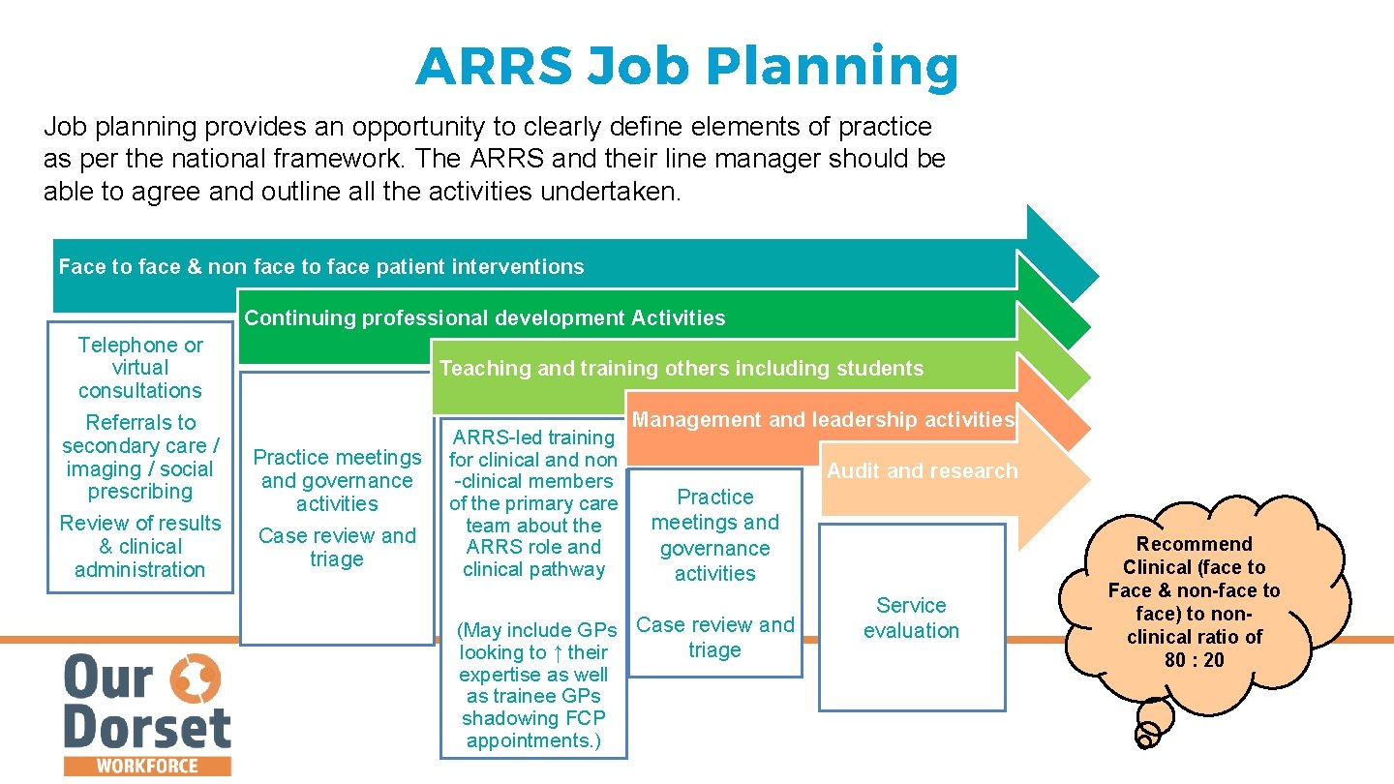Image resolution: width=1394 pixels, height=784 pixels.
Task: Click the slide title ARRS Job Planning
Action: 686,66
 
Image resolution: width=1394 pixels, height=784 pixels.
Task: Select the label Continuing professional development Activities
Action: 484,318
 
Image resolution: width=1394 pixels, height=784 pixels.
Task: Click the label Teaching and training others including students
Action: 682,368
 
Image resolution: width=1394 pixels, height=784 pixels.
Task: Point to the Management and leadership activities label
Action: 823,419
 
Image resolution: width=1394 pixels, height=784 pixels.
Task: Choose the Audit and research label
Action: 922,471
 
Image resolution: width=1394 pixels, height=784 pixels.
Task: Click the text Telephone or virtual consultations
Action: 140,368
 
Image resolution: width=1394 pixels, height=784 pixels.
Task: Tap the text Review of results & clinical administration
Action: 140,546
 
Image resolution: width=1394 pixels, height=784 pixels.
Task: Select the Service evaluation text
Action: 911,618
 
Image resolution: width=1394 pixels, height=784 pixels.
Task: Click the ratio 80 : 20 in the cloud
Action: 1194,660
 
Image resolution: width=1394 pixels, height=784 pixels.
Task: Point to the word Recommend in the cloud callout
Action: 1194,544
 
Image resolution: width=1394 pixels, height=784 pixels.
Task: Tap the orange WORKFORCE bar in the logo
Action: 147,766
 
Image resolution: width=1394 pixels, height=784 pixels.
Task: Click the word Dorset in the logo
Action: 147,728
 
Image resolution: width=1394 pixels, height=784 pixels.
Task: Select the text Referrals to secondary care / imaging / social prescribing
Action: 140,457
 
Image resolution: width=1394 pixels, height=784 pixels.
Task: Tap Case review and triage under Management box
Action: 714,637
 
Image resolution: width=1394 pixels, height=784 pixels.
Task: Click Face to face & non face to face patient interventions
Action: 321,267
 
